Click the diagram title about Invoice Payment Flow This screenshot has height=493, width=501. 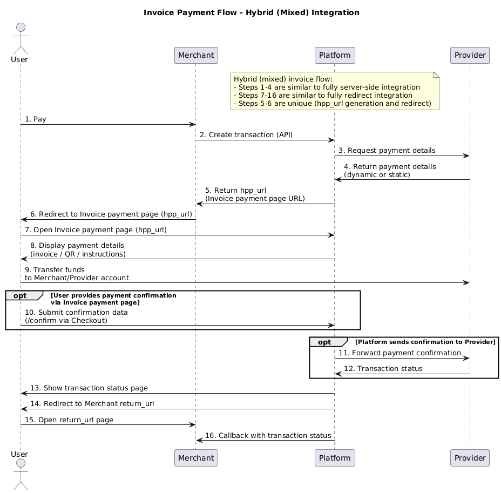click(251, 12)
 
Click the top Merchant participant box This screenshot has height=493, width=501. click(196, 56)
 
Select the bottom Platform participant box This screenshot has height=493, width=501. click(334, 458)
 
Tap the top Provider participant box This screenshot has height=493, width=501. click(470, 56)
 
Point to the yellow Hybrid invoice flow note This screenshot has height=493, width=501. click(335, 91)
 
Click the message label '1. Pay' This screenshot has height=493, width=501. click(35, 119)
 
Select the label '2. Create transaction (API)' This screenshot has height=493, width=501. click(246, 134)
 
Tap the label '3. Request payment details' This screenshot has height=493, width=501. click(387, 150)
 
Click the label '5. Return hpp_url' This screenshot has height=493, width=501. click(235, 190)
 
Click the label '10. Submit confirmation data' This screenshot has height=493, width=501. click(76, 312)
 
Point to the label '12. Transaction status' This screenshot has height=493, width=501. click(383, 368)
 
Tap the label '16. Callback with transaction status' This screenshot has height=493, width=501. click(268, 435)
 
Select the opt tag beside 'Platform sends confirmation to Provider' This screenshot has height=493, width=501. click(326, 342)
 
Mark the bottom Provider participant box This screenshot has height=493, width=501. click(470, 458)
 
